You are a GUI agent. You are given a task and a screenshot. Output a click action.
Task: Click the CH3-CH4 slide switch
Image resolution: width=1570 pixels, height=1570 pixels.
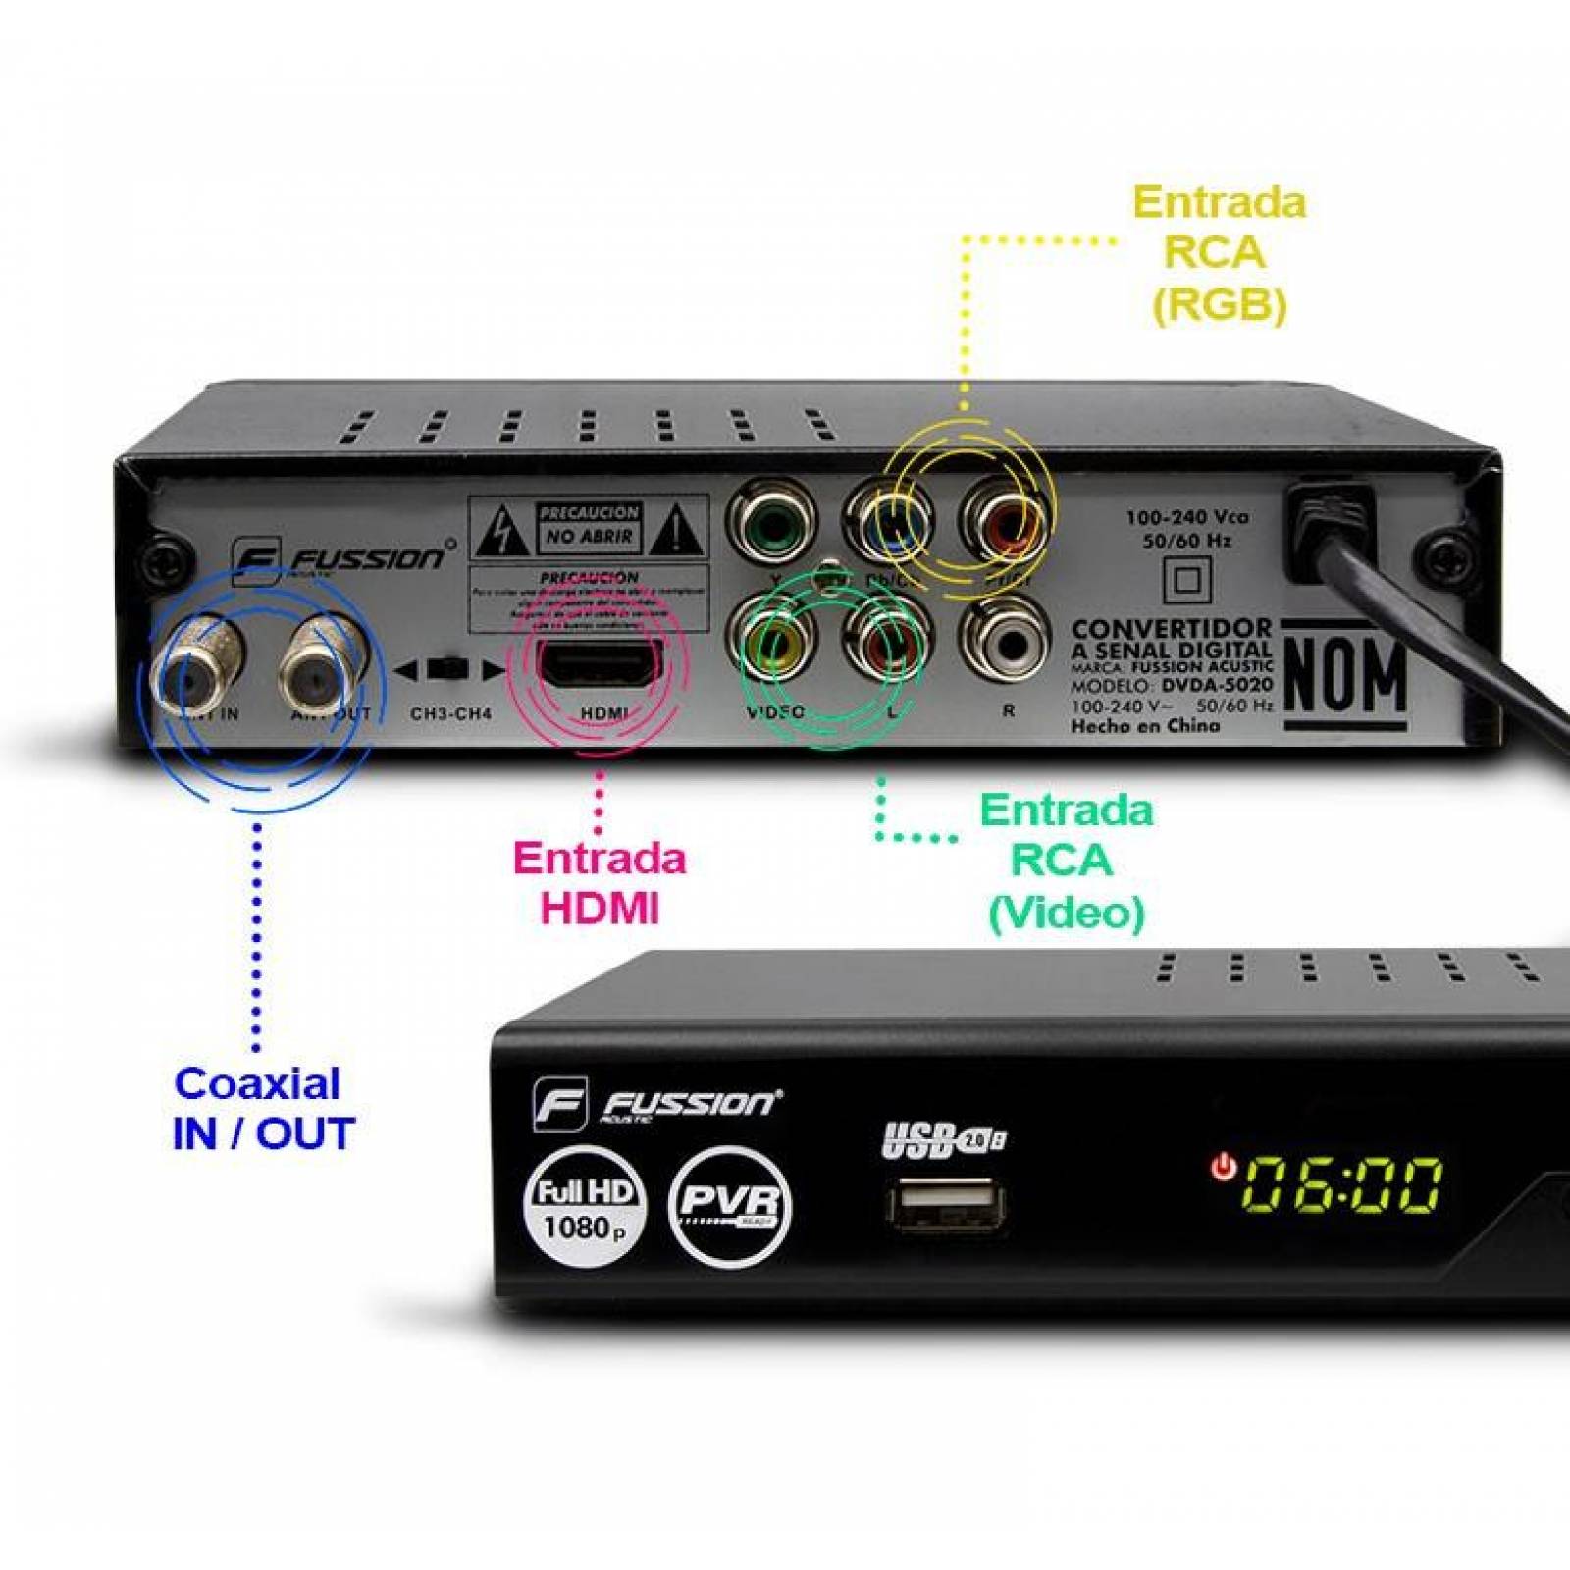tap(450, 670)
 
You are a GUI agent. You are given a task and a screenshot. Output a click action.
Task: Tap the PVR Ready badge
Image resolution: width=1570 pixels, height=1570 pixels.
tap(729, 1205)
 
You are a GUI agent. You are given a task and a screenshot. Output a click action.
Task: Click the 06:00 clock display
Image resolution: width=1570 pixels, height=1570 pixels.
tap(1342, 1184)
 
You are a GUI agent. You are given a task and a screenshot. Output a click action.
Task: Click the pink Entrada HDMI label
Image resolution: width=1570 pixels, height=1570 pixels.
tap(599, 882)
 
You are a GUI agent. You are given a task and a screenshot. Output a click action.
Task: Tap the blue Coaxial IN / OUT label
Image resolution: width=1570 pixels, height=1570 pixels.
tap(261, 1108)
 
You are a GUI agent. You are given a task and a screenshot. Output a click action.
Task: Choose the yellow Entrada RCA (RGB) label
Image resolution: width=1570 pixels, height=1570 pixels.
tap(1219, 253)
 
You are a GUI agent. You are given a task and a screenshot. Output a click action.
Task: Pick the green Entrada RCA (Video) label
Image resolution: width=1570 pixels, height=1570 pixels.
tap(1066, 861)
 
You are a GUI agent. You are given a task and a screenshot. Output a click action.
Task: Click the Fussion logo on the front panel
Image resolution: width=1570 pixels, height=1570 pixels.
tap(655, 1105)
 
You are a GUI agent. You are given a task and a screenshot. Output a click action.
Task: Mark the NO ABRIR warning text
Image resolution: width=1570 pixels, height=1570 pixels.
tap(589, 537)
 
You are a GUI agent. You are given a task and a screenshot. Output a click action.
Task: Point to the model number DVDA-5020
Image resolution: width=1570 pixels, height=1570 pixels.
tap(1217, 685)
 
